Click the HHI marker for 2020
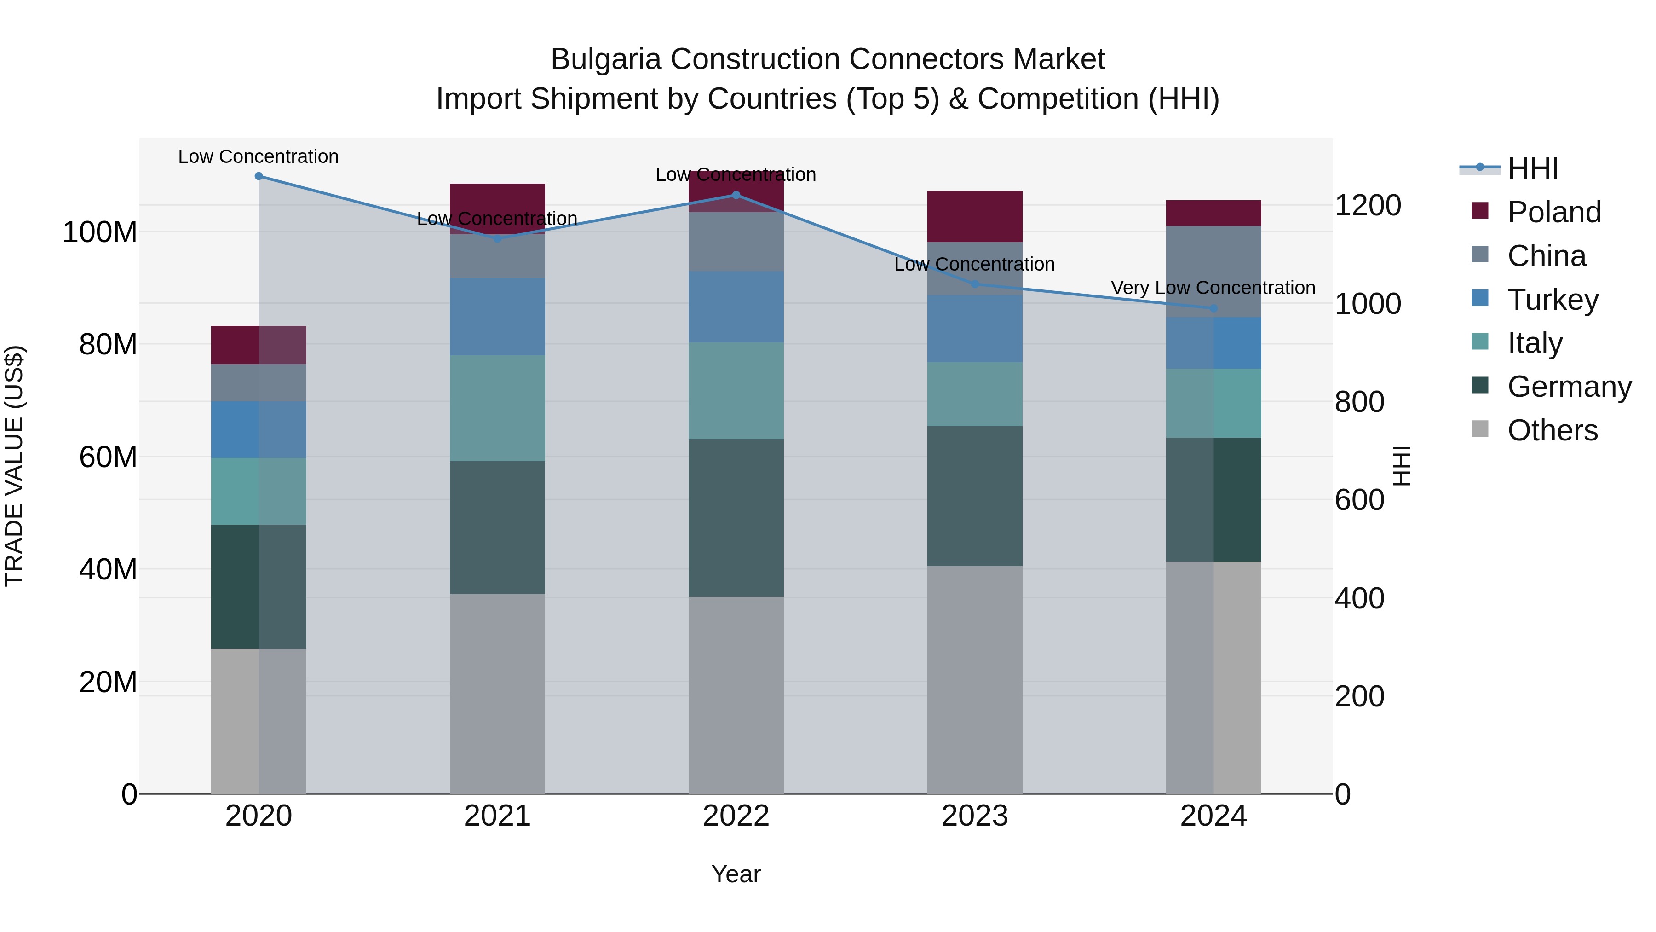pyautogui.click(x=259, y=176)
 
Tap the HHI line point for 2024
pyautogui.click(x=1213, y=309)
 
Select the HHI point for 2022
pyautogui.click(x=736, y=195)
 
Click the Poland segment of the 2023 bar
pyautogui.click(x=975, y=216)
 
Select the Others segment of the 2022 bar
pyautogui.click(x=736, y=695)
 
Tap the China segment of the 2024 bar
pyautogui.click(x=1213, y=271)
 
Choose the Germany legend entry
pyautogui.click(x=1569, y=387)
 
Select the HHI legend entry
pyautogui.click(x=1533, y=168)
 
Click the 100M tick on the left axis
pyautogui.click(x=100, y=232)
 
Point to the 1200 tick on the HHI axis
pyautogui.click(x=1368, y=206)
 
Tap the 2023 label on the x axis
pyautogui.click(x=975, y=816)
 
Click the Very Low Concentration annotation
pyautogui.click(x=1213, y=288)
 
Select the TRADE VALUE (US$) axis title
pyautogui.click(x=14, y=466)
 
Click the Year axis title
pyautogui.click(x=736, y=874)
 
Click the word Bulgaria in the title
pyautogui.click(x=605, y=59)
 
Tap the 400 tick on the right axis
pyautogui.click(x=1359, y=598)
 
